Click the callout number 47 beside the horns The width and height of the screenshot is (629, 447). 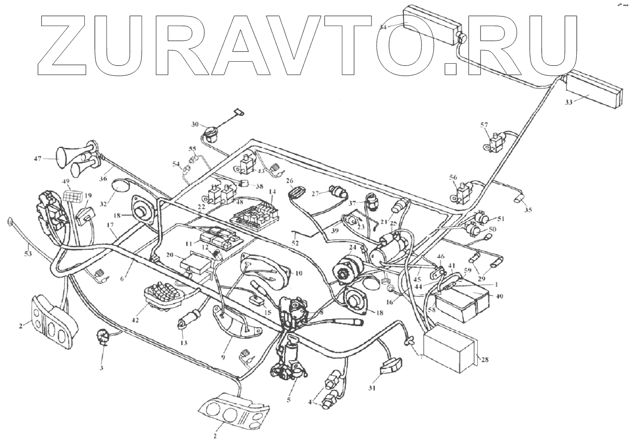click(38, 158)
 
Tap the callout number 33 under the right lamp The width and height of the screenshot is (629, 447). click(569, 102)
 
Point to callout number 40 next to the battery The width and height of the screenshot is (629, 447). click(499, 296)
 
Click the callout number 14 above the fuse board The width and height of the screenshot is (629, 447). click(272, 192)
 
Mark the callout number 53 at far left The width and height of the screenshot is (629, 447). click(27, 254)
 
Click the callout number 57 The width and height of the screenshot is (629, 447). click(484, 124)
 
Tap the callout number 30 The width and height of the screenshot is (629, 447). click(194, 124)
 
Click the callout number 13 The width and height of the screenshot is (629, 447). click(184, 343)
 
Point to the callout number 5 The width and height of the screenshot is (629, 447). click(288, 400)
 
